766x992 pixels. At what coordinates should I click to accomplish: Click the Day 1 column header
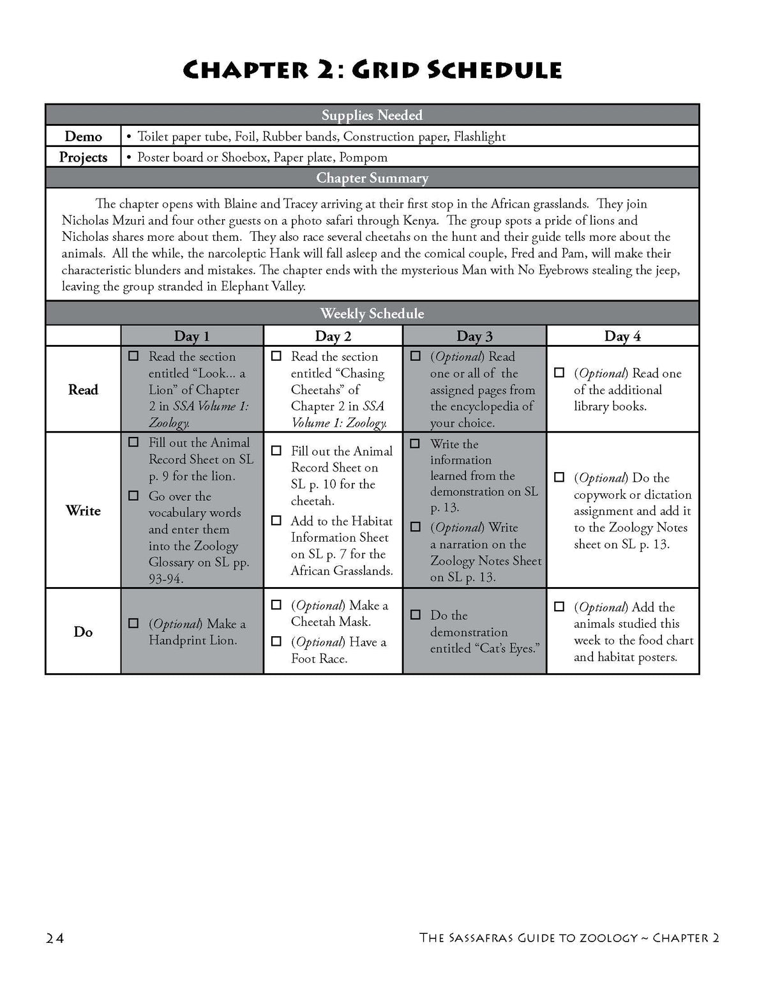[x=191, y=336]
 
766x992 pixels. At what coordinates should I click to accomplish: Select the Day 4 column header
[x=622, y=336]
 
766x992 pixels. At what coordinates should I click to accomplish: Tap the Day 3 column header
[x=474, y=336]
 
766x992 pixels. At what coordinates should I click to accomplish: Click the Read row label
[x=83, y=390]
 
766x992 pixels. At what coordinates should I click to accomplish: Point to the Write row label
[x=83, y=510]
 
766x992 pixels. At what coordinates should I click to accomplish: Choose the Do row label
[x=83, y=632]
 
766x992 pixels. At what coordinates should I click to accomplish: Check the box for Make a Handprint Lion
[x=133, y=623]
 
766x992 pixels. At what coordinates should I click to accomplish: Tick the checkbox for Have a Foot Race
[x=276, y=641]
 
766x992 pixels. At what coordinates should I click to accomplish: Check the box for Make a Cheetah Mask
[x=276, y=605]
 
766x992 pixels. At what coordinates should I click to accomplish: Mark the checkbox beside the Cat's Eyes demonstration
[x=416, y=615]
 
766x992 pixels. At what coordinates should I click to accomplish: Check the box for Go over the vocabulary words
[x=133, y=496]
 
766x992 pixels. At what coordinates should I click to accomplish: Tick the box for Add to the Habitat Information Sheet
[x=276, y=521]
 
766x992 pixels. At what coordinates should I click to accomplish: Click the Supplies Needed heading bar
[x=372, y=115]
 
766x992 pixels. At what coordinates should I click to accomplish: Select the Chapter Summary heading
[x=372, y=178]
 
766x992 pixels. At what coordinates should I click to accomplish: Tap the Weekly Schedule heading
[x=372, y=314]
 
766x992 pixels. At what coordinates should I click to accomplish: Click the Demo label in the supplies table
[x=83, y=136]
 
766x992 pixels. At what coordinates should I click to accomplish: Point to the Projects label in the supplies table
[x=83, y=157]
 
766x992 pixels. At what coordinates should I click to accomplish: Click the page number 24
[x=55, y=938]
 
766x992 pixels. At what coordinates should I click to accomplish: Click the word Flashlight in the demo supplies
[x=479, y=136]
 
